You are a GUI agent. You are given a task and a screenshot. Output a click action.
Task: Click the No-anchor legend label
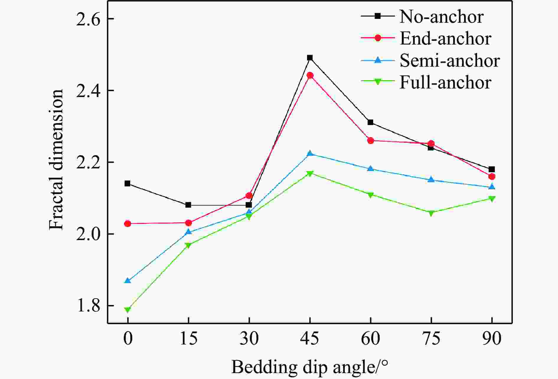click(441, 17)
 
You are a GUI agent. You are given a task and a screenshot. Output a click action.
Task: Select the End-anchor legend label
click(445, 38)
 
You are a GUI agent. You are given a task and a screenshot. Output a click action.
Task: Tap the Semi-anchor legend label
click(450, 60)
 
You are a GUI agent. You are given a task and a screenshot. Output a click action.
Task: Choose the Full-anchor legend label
click(445, 82)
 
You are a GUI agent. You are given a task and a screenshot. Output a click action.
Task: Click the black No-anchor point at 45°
click(310, 58)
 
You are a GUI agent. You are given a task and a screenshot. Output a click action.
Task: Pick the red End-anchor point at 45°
click(310, 75)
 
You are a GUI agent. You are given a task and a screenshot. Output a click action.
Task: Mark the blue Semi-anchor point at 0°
click(128, 280)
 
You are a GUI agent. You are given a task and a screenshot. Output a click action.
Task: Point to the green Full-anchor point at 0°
click(128, 310)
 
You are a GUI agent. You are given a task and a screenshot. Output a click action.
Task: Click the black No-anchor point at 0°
click(128, 183)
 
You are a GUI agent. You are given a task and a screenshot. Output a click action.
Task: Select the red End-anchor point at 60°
click(371, 140)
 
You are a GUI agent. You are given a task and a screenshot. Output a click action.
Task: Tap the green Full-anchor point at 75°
click(431, 213)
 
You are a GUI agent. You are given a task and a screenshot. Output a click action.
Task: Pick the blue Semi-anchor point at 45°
click(310, 153)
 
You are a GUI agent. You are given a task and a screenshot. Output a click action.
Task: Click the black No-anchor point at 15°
click(188, 205)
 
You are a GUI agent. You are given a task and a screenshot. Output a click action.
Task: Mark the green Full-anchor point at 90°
click(492, 199)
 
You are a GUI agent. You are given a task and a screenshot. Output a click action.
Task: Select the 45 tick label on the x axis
click(310, 338)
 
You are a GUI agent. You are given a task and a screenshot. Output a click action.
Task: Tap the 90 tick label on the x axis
click(492, 338)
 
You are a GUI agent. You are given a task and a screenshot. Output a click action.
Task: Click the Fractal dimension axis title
click(56, 159)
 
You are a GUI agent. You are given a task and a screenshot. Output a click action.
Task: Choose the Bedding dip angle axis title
click(309, 367)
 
